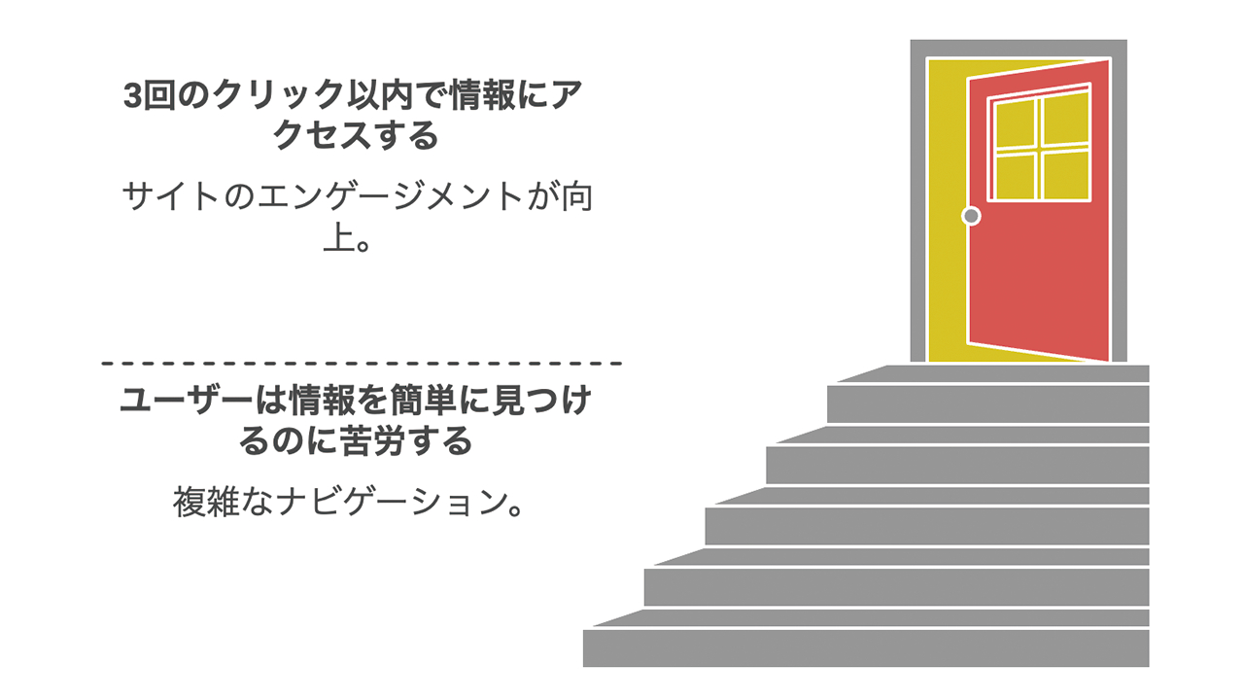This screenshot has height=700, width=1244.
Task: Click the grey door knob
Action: [x=971, y=216]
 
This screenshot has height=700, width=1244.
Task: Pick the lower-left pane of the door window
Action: [x=1015, y=177]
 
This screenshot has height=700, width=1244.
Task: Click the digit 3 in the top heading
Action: [x=133, y=95]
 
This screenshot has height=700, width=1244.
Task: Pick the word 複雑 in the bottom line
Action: [x=206, y=502]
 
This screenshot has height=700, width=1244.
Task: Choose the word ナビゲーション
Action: [x=394, y=502]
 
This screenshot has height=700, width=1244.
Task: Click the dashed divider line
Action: [x=362, y=364]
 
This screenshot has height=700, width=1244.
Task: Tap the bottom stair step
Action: [x=866, y=647]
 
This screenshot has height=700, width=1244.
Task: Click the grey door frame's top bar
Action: [x=1019, y=48]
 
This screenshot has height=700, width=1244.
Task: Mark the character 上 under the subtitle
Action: [x=339, y=239]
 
